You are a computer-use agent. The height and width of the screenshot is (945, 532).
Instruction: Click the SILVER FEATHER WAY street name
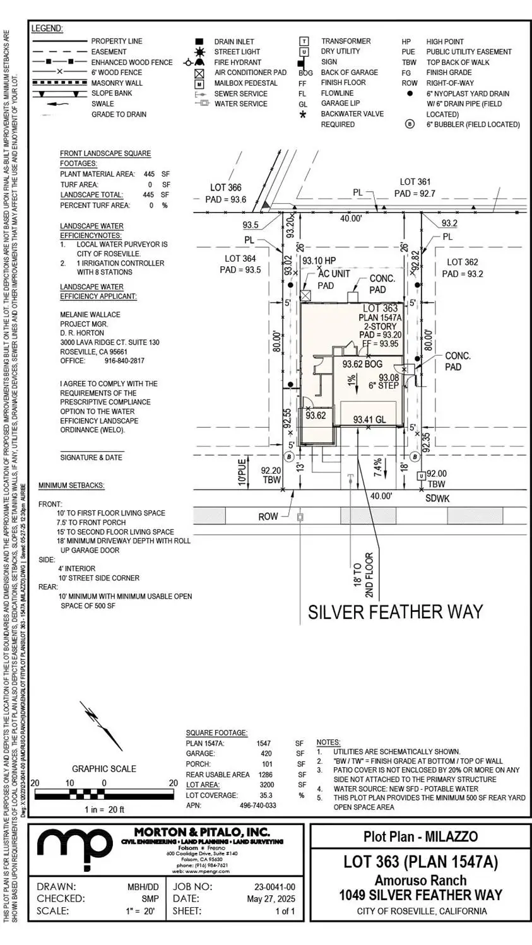tap(395, 612)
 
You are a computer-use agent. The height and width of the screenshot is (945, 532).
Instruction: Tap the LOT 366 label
tap(225, 187)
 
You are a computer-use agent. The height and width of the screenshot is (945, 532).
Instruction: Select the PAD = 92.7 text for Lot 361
tap(415, 194)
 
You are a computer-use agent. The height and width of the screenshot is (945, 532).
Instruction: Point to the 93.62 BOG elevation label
tap(362, 364)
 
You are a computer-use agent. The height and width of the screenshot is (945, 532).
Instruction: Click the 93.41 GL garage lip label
tap(370, 420)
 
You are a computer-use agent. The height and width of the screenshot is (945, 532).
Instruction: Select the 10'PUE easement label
tap(242, 471)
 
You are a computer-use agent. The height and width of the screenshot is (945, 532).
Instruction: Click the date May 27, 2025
tap(271, 899)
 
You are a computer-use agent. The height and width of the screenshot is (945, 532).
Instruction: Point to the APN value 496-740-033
tap(257, 806)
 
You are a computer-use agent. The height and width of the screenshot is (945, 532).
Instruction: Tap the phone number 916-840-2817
tap(124, 361)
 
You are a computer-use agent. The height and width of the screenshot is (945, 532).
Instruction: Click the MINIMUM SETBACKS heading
tap(71, 486)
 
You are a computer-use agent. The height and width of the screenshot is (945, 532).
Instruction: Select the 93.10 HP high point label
tap(319, 261)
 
